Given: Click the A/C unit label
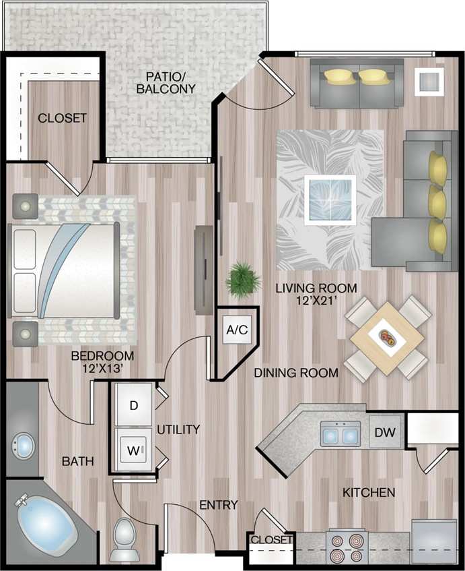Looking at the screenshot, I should [x=237, y=330].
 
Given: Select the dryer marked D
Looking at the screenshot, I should [x=134, y=405].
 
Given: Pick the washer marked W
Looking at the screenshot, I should [x=134, y=450].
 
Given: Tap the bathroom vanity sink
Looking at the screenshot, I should [x=24, y=446].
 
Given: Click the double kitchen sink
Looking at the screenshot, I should [x=341, y=435].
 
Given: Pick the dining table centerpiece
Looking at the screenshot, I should [x=390, y=336].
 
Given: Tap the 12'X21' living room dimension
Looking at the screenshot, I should [x=316, y=301].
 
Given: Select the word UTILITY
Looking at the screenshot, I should [x=178, y=429].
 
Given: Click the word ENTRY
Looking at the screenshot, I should [x=219, y=504].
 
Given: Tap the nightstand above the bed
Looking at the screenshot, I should [x=25, y=205].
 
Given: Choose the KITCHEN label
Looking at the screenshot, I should [x=369, y=493].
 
